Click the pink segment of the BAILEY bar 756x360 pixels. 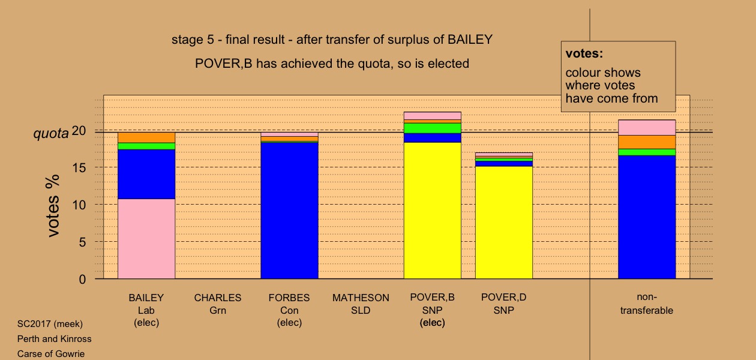point(146,239)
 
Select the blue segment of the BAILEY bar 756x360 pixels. point(146,174)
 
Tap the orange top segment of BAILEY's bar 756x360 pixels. point(146,137)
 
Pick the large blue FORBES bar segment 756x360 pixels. point(290,211)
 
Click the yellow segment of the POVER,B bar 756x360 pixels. point(433,211)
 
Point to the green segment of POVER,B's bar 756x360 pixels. point(433,128)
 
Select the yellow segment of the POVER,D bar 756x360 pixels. point(504,223)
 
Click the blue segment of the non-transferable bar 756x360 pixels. point(647,217)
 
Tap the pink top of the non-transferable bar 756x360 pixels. point(647,128)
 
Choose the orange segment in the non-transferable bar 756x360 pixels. point(647,142)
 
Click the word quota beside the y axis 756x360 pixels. point(51,134)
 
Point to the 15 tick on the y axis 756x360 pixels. point(79,167)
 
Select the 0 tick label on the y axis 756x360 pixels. point(82,280)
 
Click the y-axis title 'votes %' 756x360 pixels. point(53,206)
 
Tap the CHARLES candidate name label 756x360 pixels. point(218,298)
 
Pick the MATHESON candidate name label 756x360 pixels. point(361,298)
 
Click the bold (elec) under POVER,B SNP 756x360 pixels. point(433,323)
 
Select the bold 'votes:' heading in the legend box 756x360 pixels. point(584,53)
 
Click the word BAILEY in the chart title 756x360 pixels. point(470,40)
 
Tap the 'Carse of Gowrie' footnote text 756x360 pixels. point(51,353)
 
